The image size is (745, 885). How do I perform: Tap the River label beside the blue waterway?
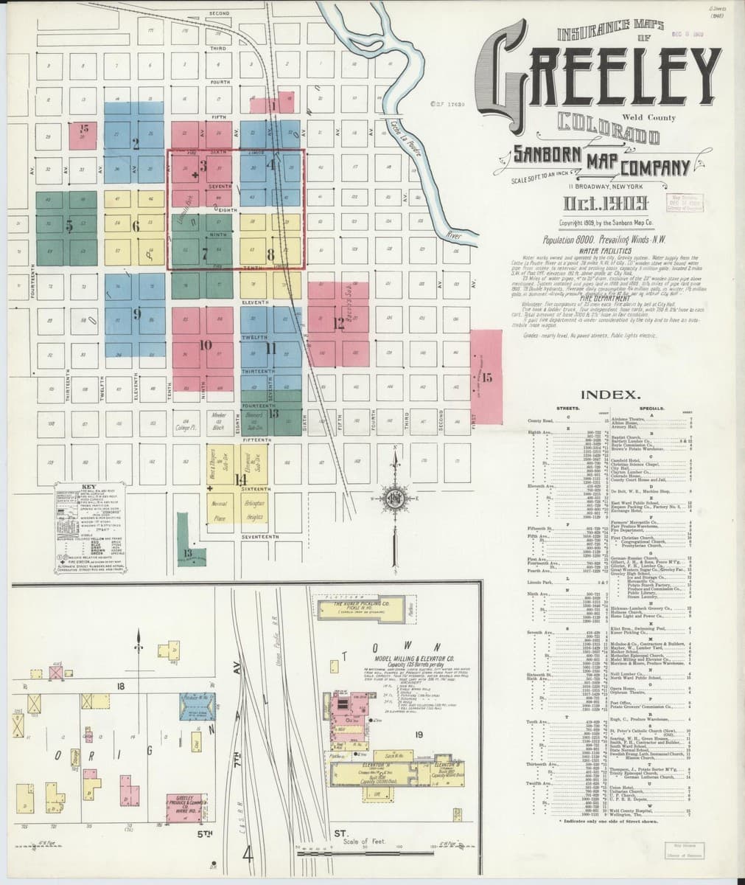click(x=453, y=235)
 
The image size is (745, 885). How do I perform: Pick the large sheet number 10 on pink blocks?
click(x=206, y=344)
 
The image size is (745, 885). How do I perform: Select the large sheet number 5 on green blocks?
click(x=68, y=226)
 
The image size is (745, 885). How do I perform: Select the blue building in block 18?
click(x=197, y=707)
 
